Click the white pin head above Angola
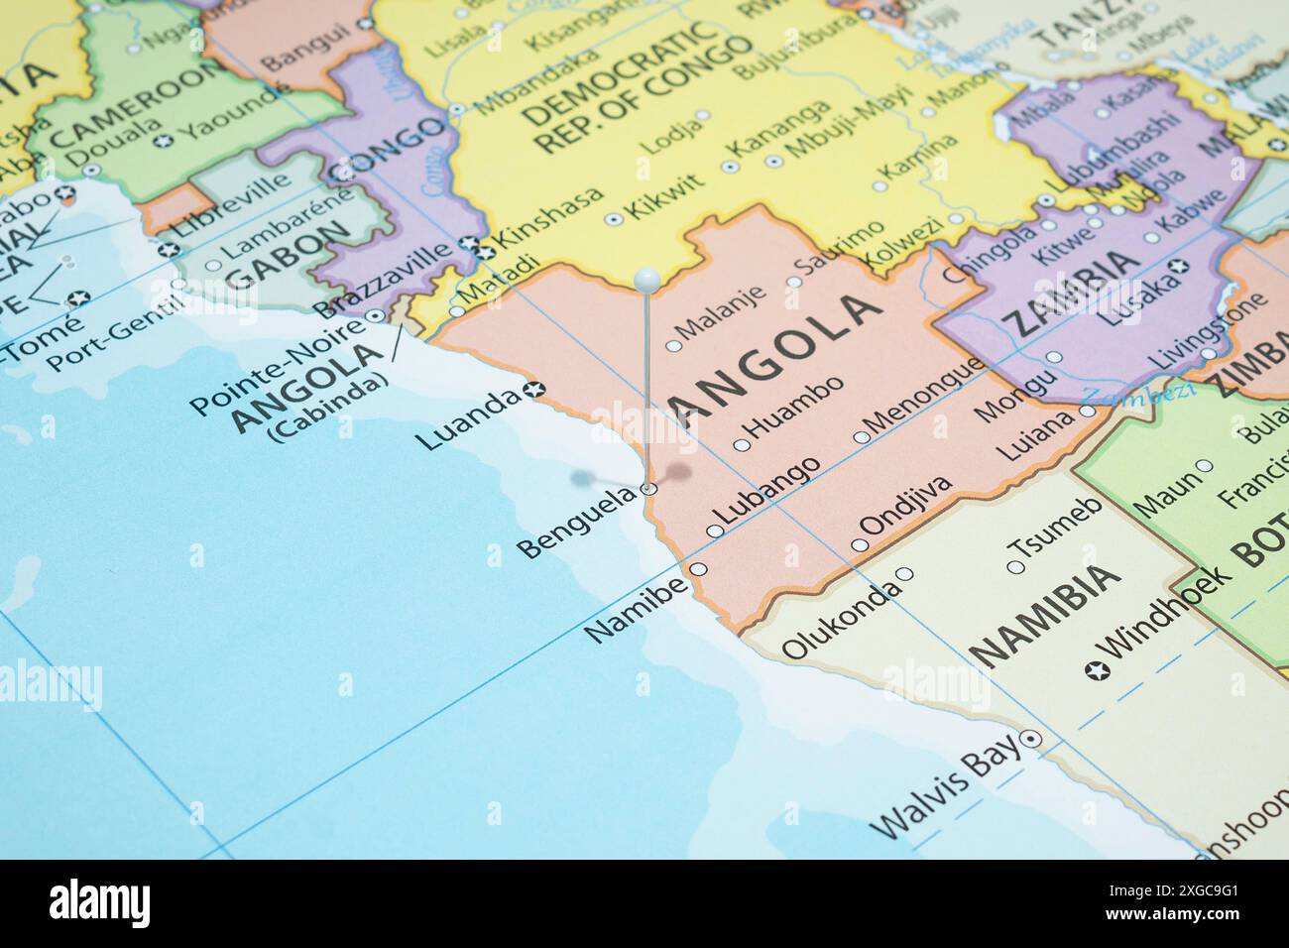click(646, 278)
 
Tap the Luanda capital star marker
click(538, 390)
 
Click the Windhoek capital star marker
click(1097, 671)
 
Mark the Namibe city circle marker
click(698, 569)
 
